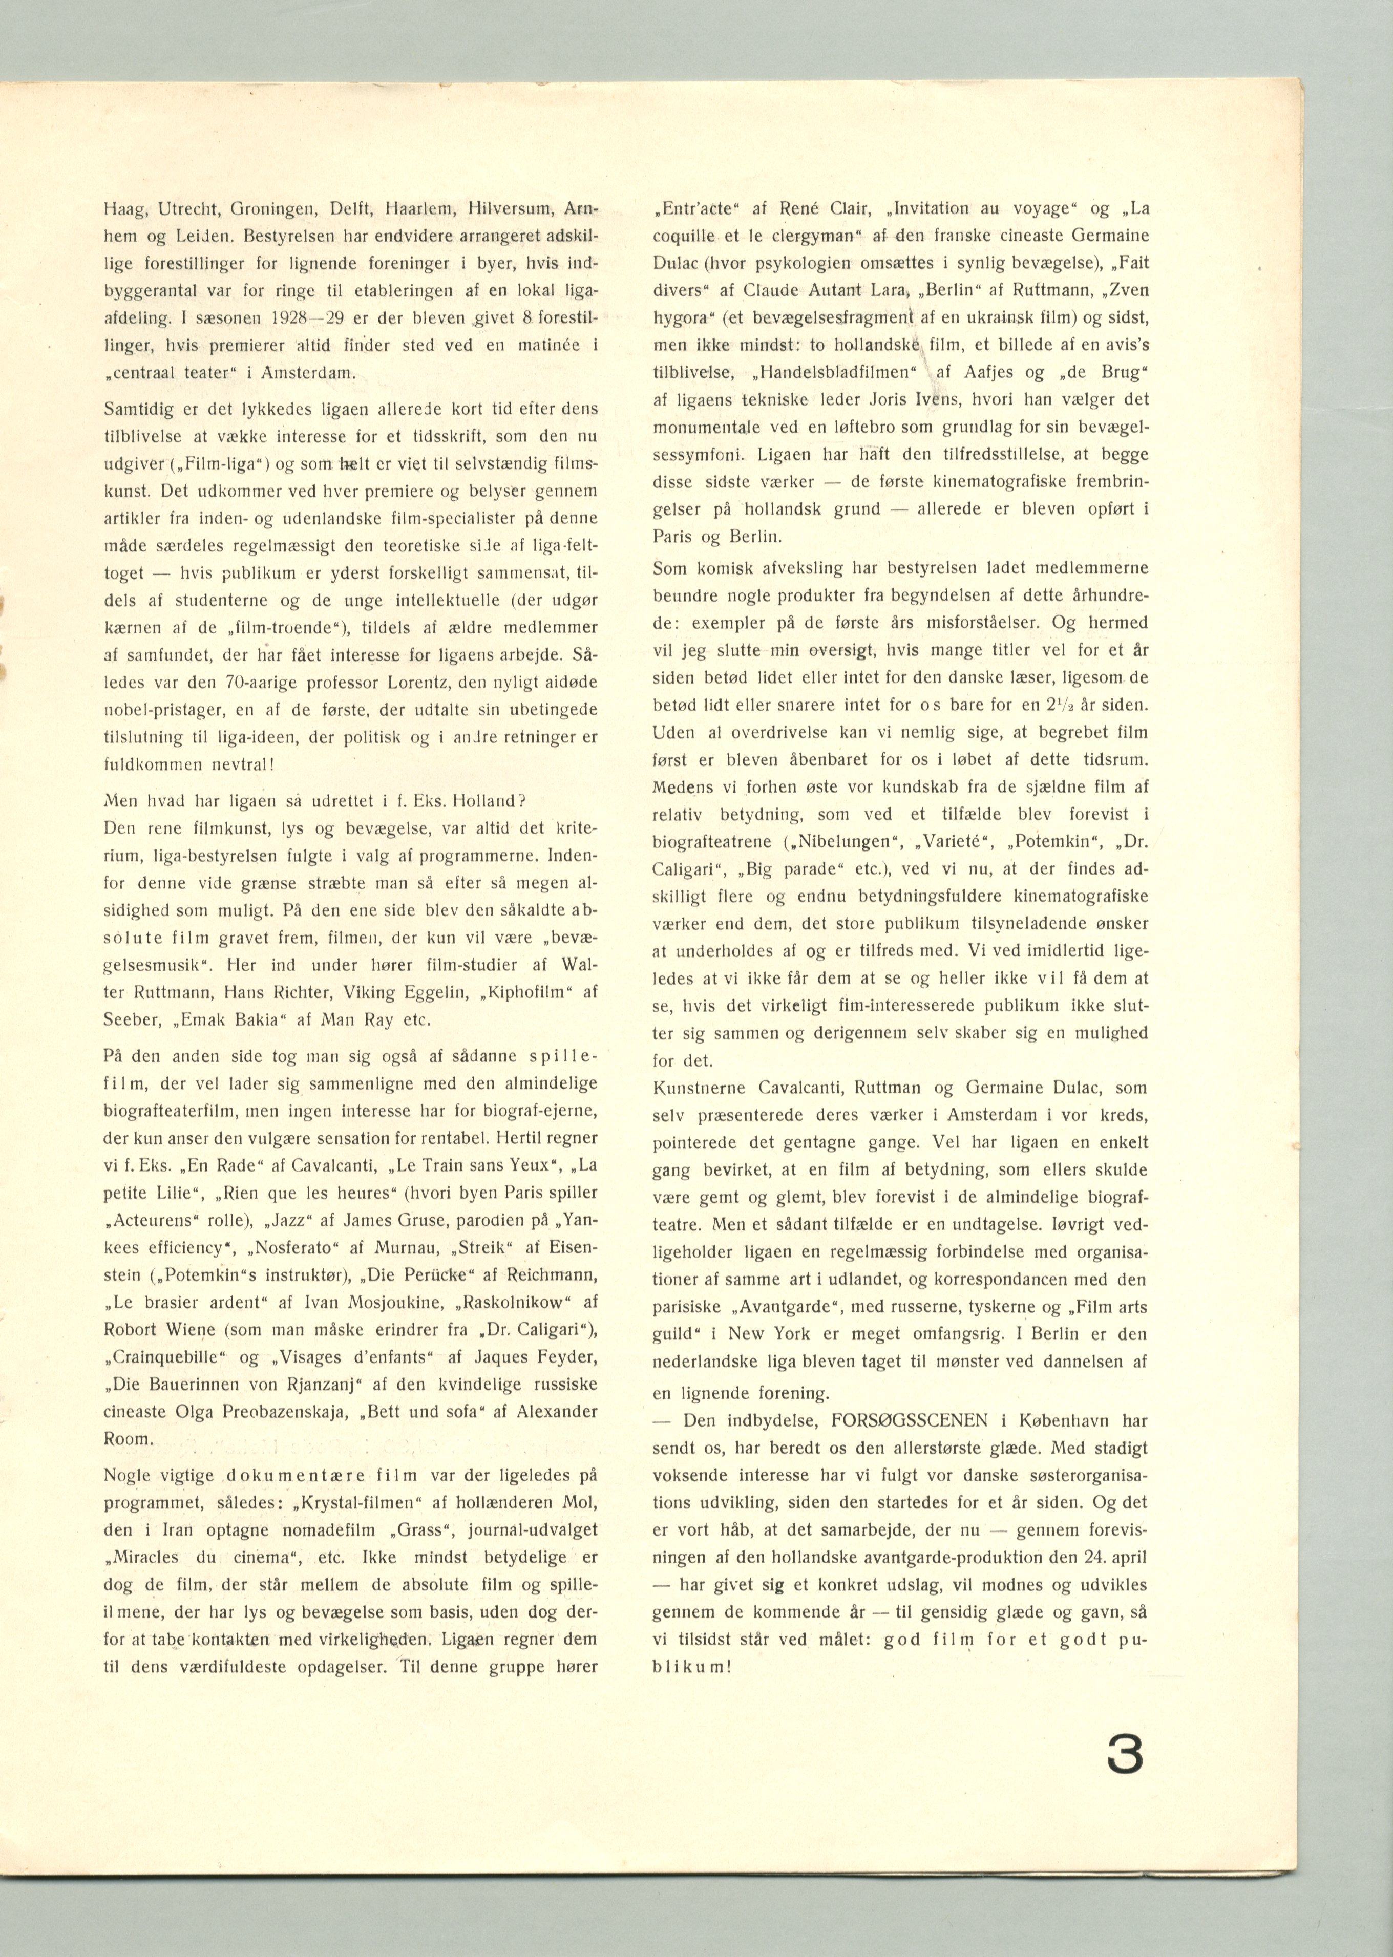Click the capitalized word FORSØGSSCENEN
912,1420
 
